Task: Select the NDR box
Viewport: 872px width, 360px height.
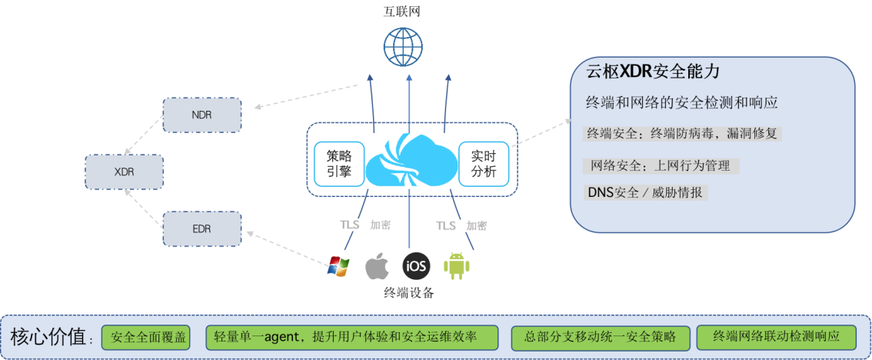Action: click(201, 115)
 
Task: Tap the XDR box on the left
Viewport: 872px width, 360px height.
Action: click(124, 172)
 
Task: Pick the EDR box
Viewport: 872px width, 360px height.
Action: click(201, 228)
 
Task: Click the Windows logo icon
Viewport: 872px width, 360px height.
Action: click(338, 266)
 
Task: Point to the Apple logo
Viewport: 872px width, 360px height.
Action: click(376, 266)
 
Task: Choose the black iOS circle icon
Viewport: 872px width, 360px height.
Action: click(416, 266)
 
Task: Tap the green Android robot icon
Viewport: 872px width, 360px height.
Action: click(457, 265)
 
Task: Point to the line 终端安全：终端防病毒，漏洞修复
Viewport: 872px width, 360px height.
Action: click(683, 133)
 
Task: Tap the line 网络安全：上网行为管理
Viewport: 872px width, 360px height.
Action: click(661, 165)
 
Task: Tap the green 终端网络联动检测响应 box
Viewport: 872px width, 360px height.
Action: click(776, 337)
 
